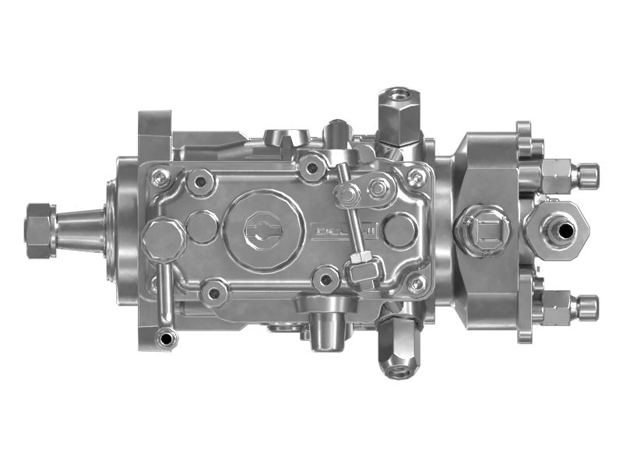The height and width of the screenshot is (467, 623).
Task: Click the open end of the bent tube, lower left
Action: coord(165,339)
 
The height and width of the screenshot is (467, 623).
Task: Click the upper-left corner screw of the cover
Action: coord(161,179)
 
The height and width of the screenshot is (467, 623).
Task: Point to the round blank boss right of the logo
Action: coord(399,230)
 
